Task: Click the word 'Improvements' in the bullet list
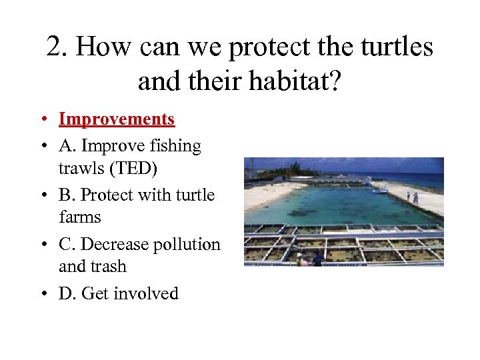pos(117,119)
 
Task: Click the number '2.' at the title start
pos(57,47)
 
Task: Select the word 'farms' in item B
pos(80,217)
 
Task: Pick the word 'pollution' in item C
pos(186,245)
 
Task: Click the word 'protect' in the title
pos(275,47)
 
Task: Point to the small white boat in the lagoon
pos(380,190)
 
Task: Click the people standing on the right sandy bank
pos(412,197)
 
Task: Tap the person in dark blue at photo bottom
pos(318,259)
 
